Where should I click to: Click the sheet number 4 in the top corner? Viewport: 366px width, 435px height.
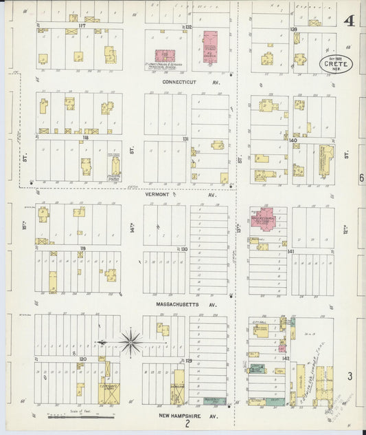pos(350,20)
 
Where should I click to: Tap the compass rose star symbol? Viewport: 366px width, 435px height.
pos(129,341)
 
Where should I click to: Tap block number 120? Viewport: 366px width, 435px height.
pos(83,359)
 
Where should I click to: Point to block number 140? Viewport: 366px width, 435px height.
pos(293,140)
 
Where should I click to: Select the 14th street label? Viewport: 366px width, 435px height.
pos(131,227)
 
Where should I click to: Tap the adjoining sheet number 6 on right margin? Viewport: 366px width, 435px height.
pos(361,178)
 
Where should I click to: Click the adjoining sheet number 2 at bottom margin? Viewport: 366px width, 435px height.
pos(186,425)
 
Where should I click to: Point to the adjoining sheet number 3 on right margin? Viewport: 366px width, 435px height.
pos(350,376)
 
